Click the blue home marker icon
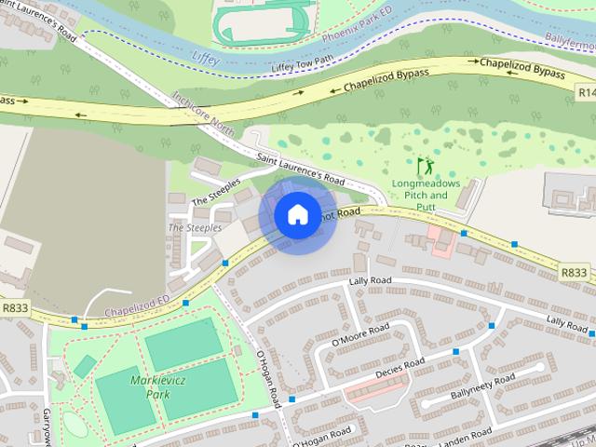tap(297, 214)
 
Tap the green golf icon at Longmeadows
tap(426, 167)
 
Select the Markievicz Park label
tap(138, 386)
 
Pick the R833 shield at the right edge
tap(575, 272)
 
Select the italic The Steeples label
tap(195, 227)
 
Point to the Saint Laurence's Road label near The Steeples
tap(301, 169)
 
